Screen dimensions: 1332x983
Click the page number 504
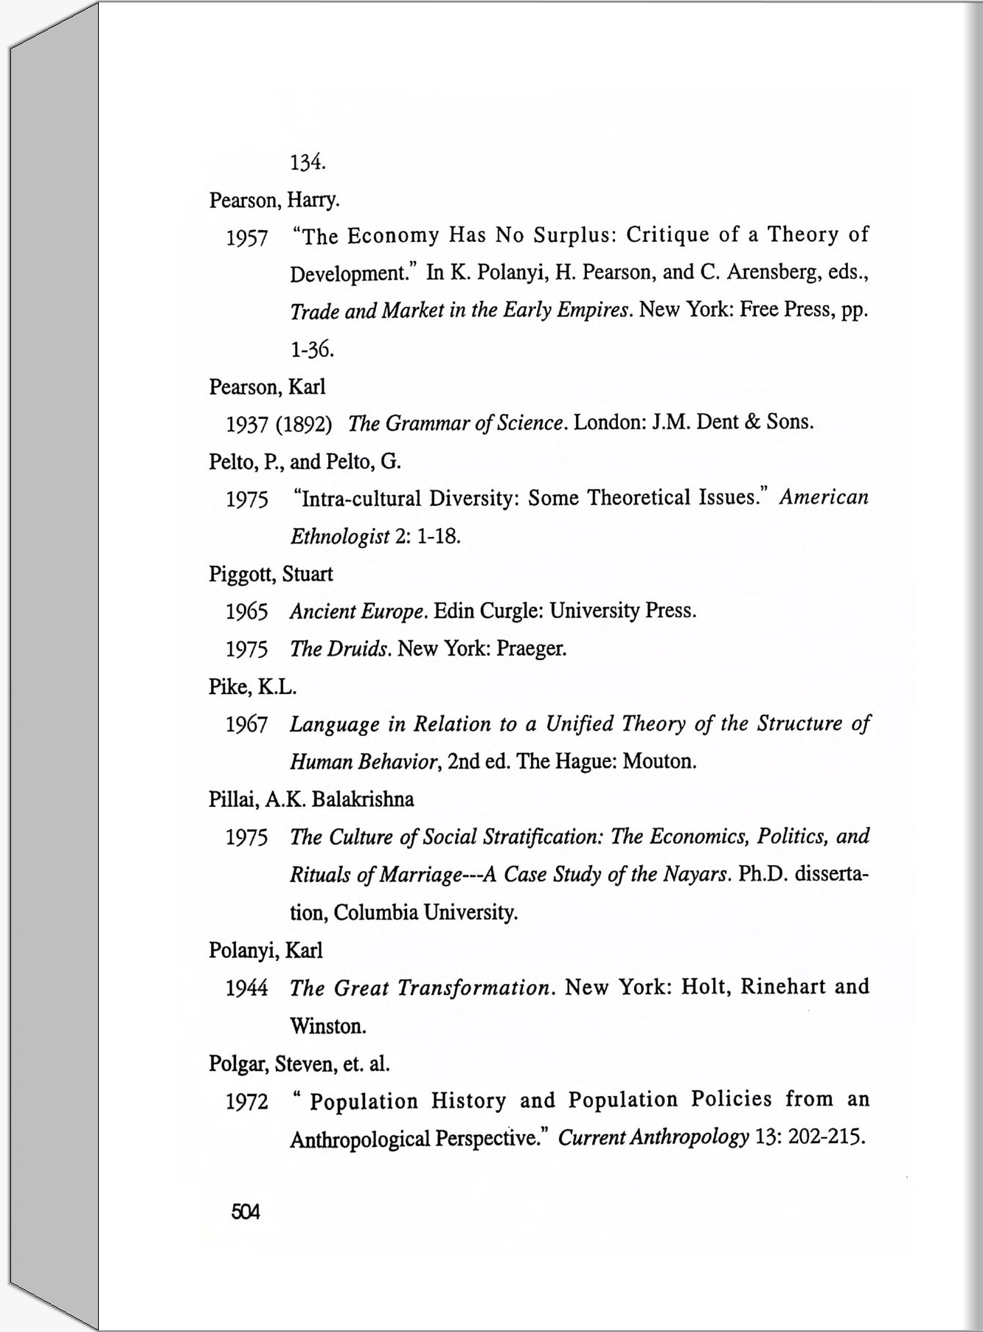[x=246, y=1212]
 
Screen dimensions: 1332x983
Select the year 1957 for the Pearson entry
[x=246, y=238]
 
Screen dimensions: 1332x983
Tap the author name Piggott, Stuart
[x=271, y=574]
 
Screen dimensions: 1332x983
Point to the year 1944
[x=246, y=988]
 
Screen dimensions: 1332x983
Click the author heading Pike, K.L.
[x=252, y=687]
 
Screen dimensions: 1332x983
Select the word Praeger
[x=531, y=648]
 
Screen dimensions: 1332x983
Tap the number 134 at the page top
[x=308, y=162]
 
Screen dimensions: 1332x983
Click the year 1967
[x=246, y=724]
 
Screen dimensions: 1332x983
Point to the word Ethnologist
[x=339, y=536]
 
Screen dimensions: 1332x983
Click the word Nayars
[x=695, y=874]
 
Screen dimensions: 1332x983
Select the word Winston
[x=327, y=1026]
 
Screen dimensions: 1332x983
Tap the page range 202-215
[x=826, y=1137]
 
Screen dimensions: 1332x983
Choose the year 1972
[x=246, y=1102]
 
